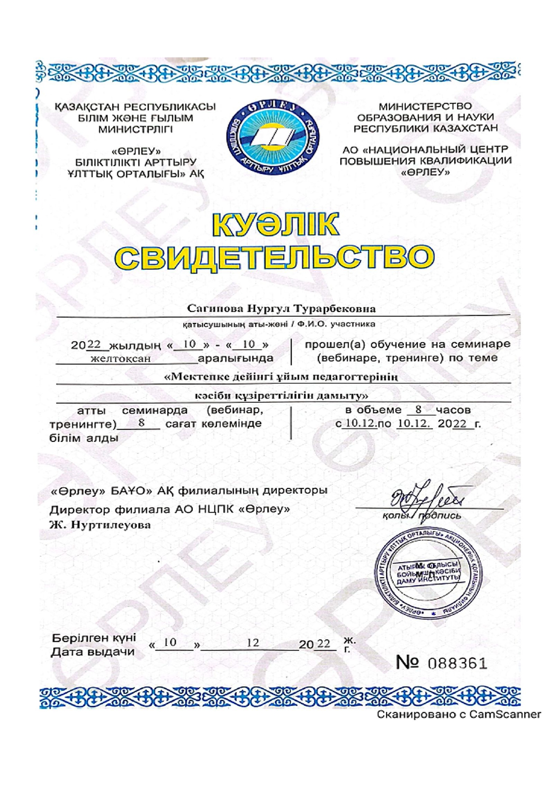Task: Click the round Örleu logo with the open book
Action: pyautogui.click(x=274, y=138)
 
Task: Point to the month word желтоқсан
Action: pyautogui.click(x=121, y=358)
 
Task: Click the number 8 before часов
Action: pyautogui.click(x=418, y=409)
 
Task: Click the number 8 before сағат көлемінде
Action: pyautogui.click(x=142, y=423)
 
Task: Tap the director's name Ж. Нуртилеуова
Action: pyautogui.click(x=100, y=525)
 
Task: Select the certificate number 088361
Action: pyautogui.click(x=457, y=663)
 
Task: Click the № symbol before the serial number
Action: pyautogui.click(x=407, y=662)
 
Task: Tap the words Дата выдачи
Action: pyautogui.click(x=93, y=652)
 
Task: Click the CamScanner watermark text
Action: pyautogui.click(x=458, y=714)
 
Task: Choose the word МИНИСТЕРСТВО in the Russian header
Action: pyautogui.click(x=425, y=106)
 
